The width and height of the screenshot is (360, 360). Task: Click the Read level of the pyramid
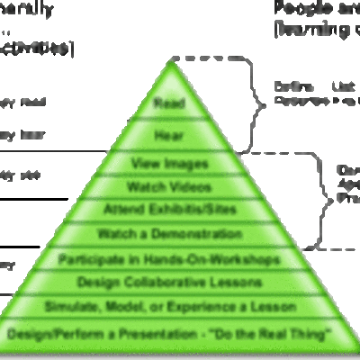[169, 102]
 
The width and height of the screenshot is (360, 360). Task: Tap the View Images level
[169, 164]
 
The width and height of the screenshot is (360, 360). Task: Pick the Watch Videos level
[169, 187]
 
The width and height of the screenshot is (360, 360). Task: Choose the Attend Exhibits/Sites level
[169, 210]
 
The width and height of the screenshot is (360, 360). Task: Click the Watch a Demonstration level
[169, 234]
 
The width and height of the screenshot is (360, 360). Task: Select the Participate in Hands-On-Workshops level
[169, 259]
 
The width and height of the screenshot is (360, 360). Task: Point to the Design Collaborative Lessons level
[169, 283]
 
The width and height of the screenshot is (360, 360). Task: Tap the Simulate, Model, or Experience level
[169, 307]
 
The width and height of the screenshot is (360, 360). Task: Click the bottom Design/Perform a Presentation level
[169, 334]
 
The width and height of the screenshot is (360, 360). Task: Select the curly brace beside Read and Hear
[264, 99]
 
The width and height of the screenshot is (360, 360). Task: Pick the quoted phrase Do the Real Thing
[270, 334]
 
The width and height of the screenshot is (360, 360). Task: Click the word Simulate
[71, 307]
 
